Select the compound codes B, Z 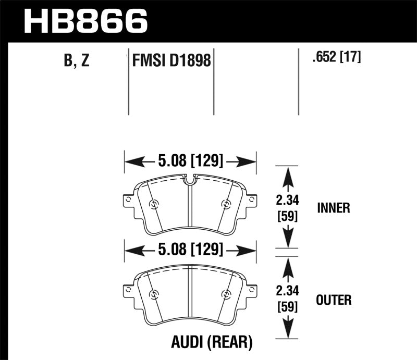click(x=76, y=61)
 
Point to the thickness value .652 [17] click(x=336, y=56)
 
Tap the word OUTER click(x=334, y=300)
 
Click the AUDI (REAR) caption click(x=212, y=342)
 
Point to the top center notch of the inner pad click(x=191, y=181)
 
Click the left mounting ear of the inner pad click(x=127, y=201)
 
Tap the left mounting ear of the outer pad click(x=127, y=290)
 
